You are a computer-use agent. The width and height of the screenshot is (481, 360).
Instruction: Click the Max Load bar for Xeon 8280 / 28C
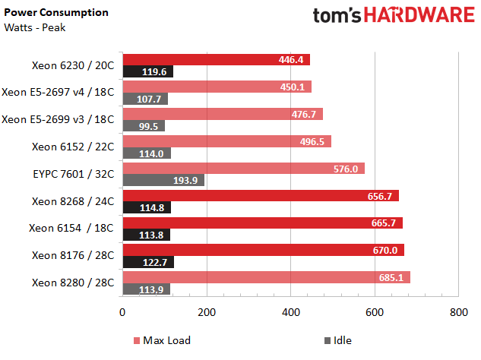[266, 277]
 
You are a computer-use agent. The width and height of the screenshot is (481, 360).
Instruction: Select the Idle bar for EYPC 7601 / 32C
[163, 180]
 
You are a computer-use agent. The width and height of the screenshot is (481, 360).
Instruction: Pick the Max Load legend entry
[161, 340]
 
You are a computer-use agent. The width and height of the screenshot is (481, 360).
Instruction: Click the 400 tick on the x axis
[290, 312]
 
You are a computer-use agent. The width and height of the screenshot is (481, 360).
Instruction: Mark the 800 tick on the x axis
[457, 312]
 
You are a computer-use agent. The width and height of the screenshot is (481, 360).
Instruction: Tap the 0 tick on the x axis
[122, 312]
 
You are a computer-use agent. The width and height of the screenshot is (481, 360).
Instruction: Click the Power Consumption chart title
[56, 13]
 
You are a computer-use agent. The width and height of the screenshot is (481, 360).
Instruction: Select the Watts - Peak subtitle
[35, 28]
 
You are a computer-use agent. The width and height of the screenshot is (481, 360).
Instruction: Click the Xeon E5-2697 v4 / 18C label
[59, 92]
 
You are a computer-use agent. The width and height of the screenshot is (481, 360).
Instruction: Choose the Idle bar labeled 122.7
[148, 262]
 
